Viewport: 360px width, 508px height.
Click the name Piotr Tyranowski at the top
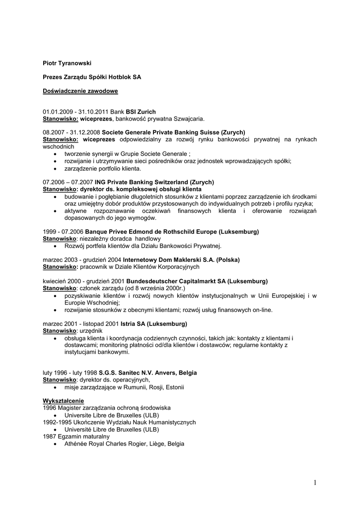[x=67, y=63]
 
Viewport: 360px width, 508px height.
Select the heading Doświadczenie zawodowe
[x=80, y=91]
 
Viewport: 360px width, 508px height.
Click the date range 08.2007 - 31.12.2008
[x=71, y=133]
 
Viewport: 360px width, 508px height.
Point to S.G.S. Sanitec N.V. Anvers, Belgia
[x=147, y=373]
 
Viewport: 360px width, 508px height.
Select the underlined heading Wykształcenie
[x=64, y=400]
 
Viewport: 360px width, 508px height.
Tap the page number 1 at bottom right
[x=315, y=482]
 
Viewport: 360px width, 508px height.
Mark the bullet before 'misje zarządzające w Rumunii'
[x=55, y=387]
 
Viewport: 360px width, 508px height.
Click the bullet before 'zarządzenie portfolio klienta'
[x=55, y=168]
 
